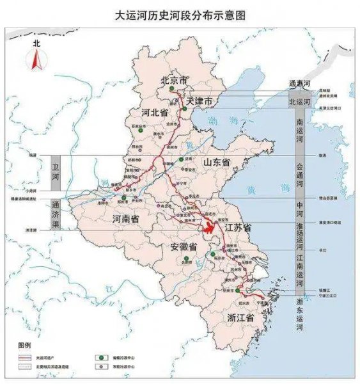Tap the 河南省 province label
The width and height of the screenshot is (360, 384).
tap(126, 219)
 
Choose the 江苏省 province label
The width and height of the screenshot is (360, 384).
tap(237, 227)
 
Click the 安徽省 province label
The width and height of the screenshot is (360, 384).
tap(184, 247)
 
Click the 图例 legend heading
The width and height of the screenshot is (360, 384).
tap(24, 344)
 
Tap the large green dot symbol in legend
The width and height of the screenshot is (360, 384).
tap(100, 356)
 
